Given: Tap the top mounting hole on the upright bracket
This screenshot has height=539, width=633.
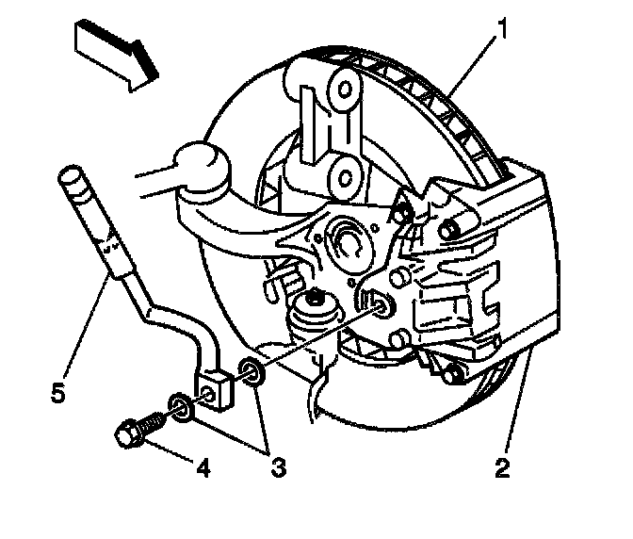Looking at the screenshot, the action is click(344, 89).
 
